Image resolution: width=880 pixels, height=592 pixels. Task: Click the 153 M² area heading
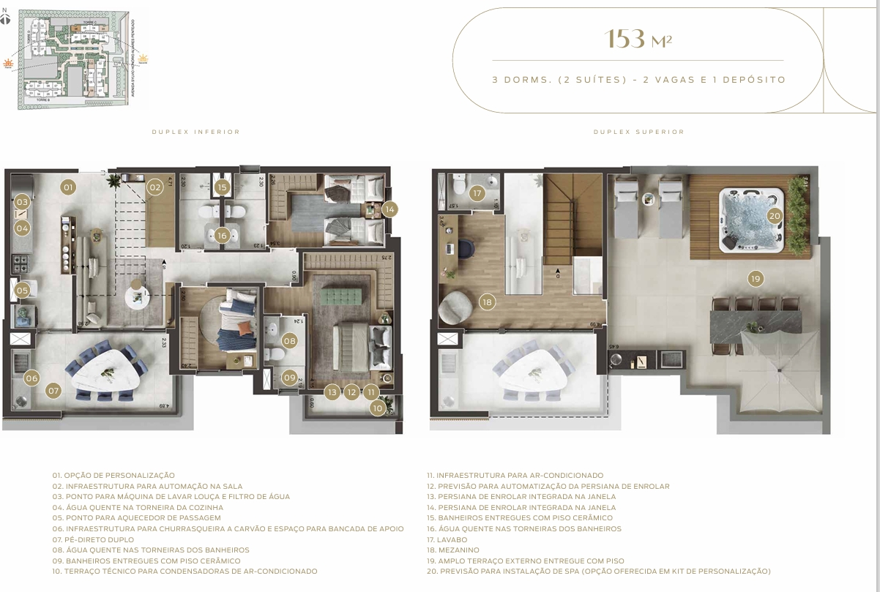tap(638, 40)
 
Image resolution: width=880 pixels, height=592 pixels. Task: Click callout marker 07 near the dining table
tap(53, 391)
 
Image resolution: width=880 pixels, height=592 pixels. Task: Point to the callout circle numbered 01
tap(68, 187)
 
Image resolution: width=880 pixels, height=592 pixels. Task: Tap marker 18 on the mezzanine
tap(487, 301)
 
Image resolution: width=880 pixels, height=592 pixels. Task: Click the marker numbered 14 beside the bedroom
tap(389, 209)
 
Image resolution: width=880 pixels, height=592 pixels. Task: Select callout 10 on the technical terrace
tap(378, 408)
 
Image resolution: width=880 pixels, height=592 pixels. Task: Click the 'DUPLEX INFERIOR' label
tap(195, 132)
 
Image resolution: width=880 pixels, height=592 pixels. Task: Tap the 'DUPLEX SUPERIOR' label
tap(638, 132)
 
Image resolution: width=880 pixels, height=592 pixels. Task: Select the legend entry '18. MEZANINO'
tap(453, 550)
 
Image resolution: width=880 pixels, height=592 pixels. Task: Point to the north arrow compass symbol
tap(7, 18)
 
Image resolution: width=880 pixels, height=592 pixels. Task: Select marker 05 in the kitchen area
tap(22, 291)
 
